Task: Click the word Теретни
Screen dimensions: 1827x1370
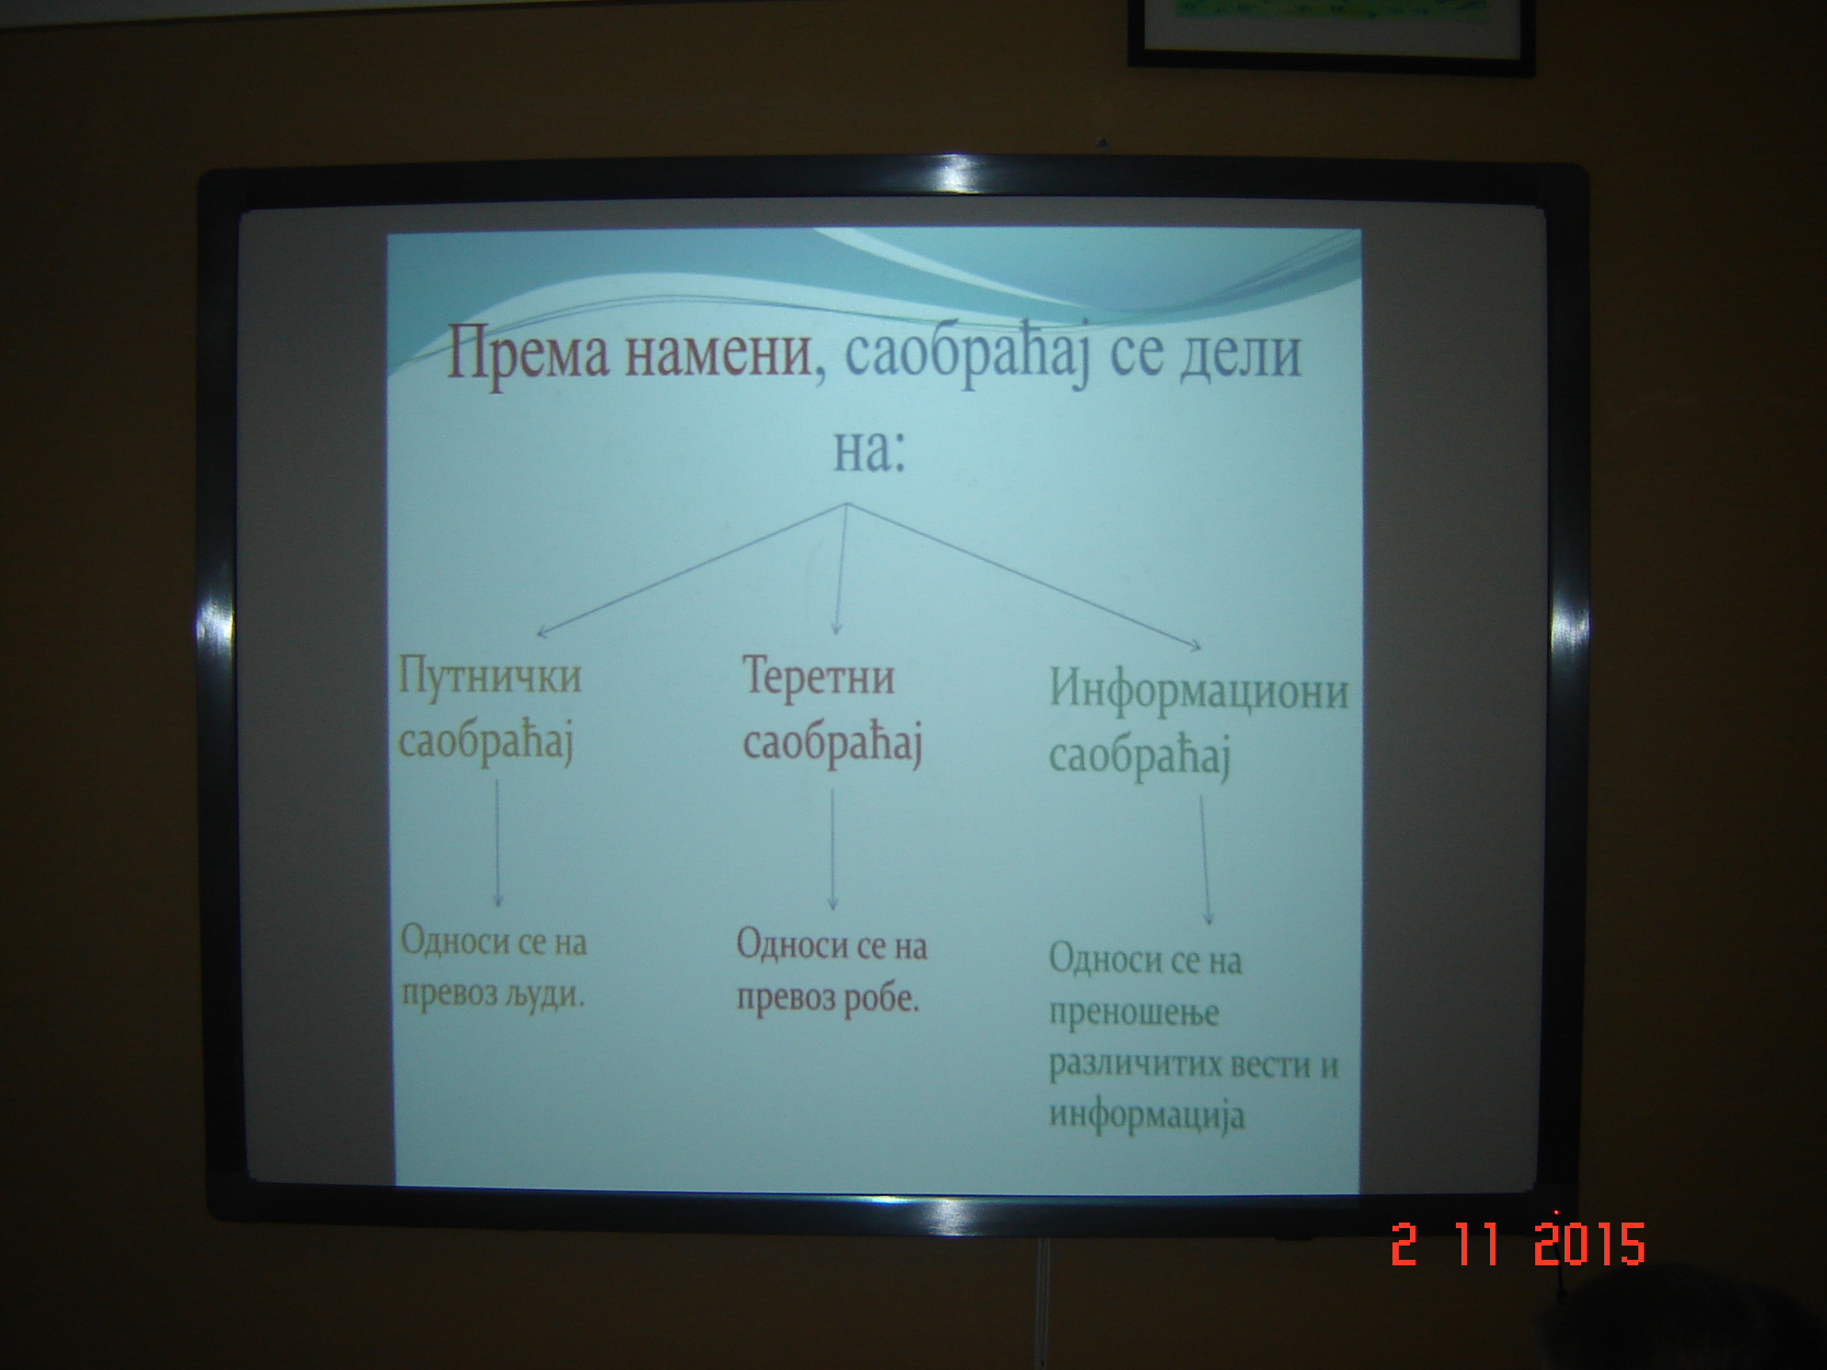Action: click(x=818, y=677)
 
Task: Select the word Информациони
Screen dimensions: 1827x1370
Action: click(x=1197, y=691)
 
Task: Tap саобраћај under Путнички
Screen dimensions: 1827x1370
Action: click(x=485, y=742)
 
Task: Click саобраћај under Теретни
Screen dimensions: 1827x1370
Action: click(x=833, y=746)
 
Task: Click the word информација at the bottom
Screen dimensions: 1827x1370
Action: click(x=1147, y=1116)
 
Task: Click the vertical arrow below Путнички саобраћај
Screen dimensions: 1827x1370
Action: click(x=497, y=844)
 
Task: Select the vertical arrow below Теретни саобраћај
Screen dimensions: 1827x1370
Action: click(x=833, y=849)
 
